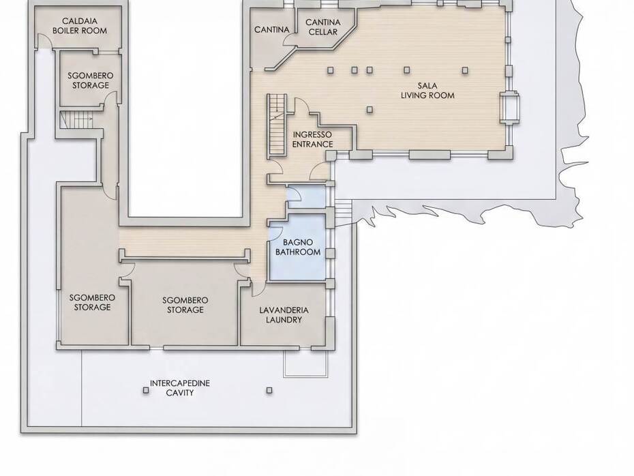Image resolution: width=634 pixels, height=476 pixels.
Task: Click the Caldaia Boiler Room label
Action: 80,26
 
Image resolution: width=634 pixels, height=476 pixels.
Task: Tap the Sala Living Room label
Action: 427,91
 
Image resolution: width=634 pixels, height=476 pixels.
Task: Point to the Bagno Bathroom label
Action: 298,247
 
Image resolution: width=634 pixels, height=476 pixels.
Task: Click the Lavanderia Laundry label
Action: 284,315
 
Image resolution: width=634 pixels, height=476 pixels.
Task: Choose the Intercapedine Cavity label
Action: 180,388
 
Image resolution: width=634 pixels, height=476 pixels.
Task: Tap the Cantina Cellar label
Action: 323,27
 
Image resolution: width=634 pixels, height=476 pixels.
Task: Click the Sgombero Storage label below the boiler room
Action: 91,80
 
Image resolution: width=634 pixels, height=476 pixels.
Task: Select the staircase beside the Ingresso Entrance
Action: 277,125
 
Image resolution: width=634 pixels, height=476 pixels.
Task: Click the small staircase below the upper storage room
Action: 76,120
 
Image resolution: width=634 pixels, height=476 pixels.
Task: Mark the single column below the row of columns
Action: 369,110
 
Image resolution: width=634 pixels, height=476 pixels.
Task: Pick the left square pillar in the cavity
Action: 146,390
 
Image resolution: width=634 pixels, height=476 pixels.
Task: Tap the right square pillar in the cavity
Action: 269,390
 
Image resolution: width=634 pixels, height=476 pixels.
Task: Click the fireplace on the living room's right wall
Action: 509,107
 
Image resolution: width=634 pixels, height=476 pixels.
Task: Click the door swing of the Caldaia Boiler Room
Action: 46,41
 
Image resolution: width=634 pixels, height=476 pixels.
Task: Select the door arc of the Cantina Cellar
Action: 290,40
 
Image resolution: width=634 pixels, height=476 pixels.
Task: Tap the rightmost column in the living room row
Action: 465,70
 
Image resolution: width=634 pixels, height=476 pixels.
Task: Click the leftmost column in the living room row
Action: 331,70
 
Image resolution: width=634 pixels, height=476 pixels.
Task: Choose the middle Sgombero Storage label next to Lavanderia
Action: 185,305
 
